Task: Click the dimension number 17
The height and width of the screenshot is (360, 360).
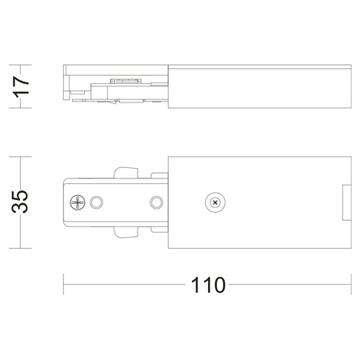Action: coord(21,87)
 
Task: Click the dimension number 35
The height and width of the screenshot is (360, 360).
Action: coord(20,202)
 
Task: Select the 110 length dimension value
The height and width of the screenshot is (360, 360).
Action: coord(208,285)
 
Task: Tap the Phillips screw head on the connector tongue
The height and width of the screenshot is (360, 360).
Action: coord(78,202)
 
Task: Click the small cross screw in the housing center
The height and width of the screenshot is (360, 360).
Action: coord(215,202)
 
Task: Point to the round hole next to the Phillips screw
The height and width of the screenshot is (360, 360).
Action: coord(96,202)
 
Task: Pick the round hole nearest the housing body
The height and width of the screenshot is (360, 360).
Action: coord(157,202)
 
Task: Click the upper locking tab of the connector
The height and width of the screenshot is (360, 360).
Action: coord(126,173)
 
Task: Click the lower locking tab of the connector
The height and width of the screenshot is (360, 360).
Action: coord(126,232)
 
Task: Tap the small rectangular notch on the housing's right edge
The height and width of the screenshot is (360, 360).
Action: coord(346,202)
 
